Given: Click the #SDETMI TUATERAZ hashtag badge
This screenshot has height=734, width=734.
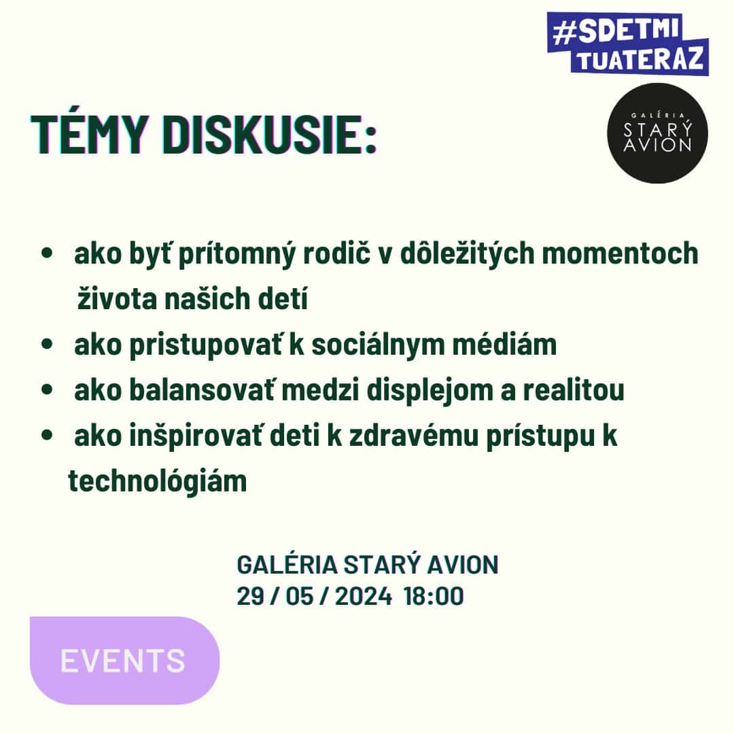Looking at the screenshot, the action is point(628,43).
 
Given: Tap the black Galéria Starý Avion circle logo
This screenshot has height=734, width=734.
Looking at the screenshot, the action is point(657,133).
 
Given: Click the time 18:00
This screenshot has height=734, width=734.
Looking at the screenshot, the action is point(434,596).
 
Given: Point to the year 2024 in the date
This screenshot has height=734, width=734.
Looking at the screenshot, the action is point(363,596).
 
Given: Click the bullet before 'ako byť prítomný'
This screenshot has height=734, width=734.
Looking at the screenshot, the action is point(47,254).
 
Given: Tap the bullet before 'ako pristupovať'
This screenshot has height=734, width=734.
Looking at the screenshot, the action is point(47,345).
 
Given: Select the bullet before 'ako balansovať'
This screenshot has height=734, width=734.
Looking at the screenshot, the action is point(47,390).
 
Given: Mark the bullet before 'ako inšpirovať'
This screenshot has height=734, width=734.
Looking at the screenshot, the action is point(47,436).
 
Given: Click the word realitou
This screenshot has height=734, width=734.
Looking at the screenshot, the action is point(574,390).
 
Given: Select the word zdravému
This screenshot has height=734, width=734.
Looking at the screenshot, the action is point(414,436).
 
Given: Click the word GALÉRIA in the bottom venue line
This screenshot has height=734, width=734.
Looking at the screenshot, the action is point(287,564).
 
